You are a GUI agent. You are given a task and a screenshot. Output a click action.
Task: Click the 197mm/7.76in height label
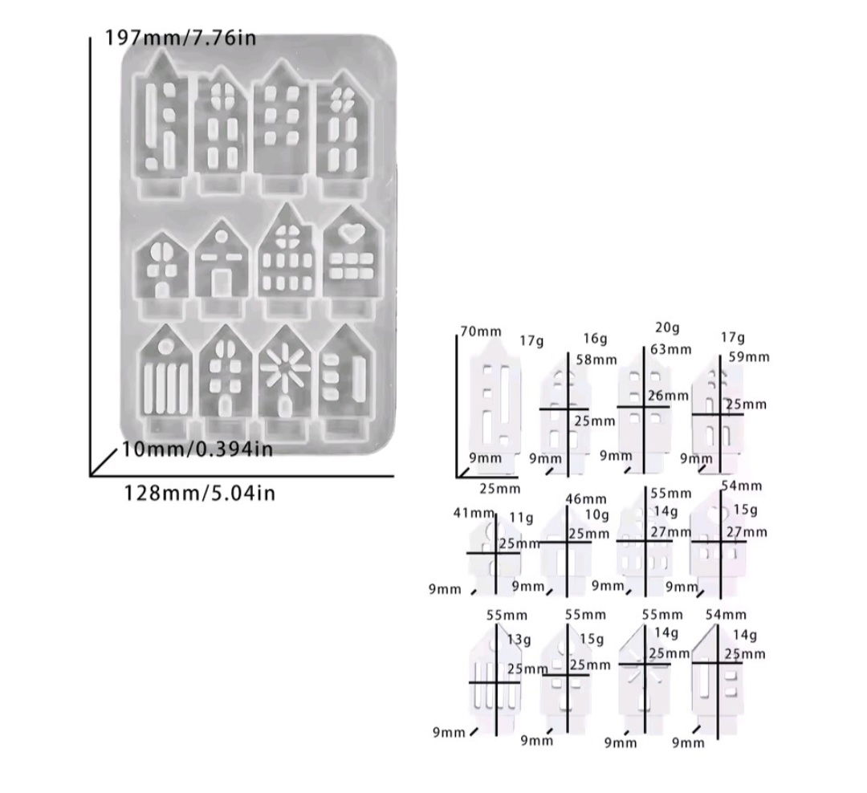click(181, 38)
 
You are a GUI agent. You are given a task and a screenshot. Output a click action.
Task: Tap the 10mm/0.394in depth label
click(197, 449)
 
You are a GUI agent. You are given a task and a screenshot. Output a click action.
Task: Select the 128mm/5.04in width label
click(199, 492)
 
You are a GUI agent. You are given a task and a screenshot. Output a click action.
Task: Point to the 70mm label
click(481, 331)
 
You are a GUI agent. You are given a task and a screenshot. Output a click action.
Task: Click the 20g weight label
click(667, 328)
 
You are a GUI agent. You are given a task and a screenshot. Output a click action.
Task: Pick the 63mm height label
click(671, 349)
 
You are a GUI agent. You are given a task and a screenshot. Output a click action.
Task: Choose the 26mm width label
click(669, 396)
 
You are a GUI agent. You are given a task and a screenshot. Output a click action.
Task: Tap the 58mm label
click(596, 360)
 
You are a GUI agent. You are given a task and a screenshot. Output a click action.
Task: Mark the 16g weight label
click(595, 339)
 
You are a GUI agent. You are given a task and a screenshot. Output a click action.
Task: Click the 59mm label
click(749, 356)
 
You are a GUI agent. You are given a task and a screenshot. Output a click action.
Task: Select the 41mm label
click(474, 513)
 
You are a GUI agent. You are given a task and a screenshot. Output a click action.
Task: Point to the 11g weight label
click(522, 518)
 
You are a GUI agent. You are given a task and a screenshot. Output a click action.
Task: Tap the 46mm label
click(586, 498)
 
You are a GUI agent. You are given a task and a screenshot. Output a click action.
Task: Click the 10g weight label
click(597, 514)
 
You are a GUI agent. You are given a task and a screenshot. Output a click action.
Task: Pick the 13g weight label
click(519, 640)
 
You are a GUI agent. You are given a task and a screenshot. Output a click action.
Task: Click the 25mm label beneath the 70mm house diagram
click(500, 488)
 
